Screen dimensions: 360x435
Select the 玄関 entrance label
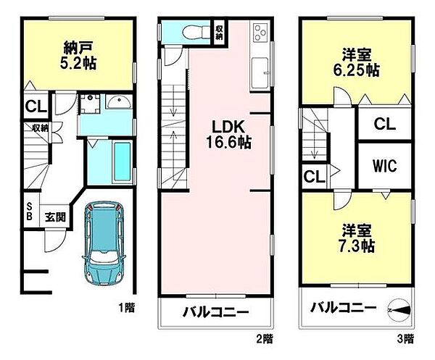[54, 216]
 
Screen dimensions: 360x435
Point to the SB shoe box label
[30, 211]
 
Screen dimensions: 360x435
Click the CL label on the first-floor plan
[34, 107]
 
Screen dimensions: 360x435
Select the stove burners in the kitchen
[260, 33]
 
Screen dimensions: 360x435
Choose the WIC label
[384, 166]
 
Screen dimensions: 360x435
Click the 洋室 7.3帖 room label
[358, 238]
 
